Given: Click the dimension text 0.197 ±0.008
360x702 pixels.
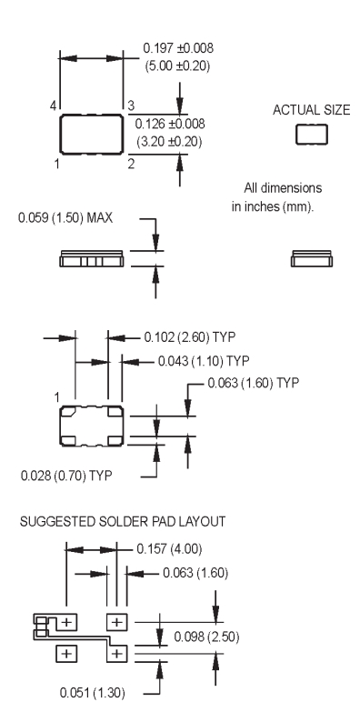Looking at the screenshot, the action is pos(178,48).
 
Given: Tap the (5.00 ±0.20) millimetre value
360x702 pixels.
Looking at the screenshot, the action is pos(177,66).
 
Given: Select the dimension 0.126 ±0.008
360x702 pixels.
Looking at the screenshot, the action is pos(170,124).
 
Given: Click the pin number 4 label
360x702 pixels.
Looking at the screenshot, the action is pos(54,106).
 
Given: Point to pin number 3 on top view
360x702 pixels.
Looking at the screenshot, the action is pos(131,105).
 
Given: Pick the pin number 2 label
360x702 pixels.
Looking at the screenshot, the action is pos(131,164).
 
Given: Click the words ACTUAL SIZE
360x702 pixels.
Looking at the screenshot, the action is pos(312,110).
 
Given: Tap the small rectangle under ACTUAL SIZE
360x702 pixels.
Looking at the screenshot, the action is pos(312,135).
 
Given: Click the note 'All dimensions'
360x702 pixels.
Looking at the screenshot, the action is pos(283,187).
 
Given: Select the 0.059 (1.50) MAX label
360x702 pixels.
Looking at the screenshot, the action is pos(65,218).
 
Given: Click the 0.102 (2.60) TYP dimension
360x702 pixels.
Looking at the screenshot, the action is pos(189,337).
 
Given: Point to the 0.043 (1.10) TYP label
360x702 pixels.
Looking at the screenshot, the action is pos(204,361).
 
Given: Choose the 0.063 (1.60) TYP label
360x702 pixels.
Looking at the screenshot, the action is pos(254,383).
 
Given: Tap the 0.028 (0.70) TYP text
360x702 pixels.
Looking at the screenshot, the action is pos(66,476).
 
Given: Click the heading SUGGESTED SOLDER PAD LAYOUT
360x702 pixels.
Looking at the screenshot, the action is pos(123,522).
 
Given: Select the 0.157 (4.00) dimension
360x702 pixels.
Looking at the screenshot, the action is pos(169,549).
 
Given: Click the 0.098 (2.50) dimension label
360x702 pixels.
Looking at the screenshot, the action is pos(206,637).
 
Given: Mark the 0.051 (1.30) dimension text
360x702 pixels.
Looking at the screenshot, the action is pos(92,693).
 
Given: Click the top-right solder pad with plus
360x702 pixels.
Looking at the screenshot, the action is pos(116,622).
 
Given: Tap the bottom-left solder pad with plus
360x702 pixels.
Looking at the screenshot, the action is pos(66,654).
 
